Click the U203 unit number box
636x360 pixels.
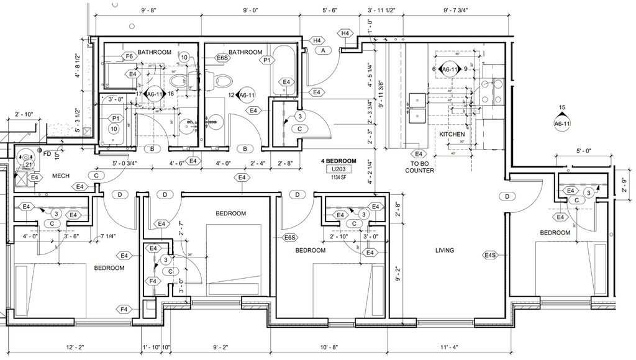tap(338, 169)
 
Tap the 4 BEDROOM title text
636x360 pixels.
tap(338, 161)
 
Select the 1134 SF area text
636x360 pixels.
tap(338, 177)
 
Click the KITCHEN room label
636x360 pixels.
tap(452, 134)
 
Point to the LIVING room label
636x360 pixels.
tap(445, 251)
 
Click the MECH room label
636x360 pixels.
tap(60, 176)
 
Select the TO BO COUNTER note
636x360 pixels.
tap(420, 167)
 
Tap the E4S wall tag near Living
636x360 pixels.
tap(490, 254)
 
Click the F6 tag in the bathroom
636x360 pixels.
tap(129, 56)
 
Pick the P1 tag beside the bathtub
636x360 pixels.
tap(267, 61)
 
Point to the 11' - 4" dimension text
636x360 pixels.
tap(447, 347)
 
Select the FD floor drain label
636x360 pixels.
tap(47, 153)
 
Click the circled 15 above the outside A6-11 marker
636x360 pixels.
tap(561, 108)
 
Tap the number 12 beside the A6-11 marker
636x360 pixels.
tap(231, 95)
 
